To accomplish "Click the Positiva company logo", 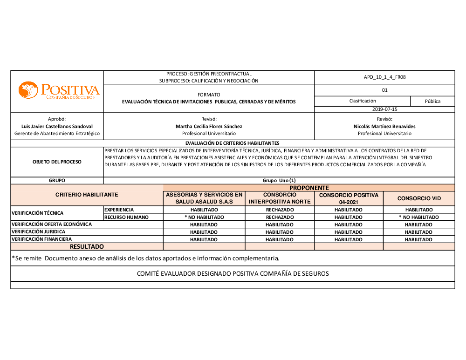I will [59, 90].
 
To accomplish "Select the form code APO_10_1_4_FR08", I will [384, 77].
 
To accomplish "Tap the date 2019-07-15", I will [384, 109].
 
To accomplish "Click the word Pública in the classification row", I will [432, 101].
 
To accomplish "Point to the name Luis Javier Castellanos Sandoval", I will [57, 126].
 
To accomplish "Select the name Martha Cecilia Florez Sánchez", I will [209, 126].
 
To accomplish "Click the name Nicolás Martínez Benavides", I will [384, 126].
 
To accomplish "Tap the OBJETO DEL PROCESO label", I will [57, 162].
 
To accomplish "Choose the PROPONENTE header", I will [309, 188].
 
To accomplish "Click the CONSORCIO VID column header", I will [419, 198].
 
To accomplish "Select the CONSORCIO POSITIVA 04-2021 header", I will [349, 198].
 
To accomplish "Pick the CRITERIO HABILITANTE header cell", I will [87, 195].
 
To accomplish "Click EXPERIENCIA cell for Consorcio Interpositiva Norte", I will [280, 210].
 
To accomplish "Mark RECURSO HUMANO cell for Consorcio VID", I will [419, 217].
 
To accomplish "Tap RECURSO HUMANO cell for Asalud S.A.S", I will [204, 217].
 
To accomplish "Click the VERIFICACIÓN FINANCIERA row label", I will [42, 239].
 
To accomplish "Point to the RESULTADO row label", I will [87, 246].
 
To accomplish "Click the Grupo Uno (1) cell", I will [279, 180].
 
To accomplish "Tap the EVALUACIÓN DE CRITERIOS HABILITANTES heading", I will [232, 143].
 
